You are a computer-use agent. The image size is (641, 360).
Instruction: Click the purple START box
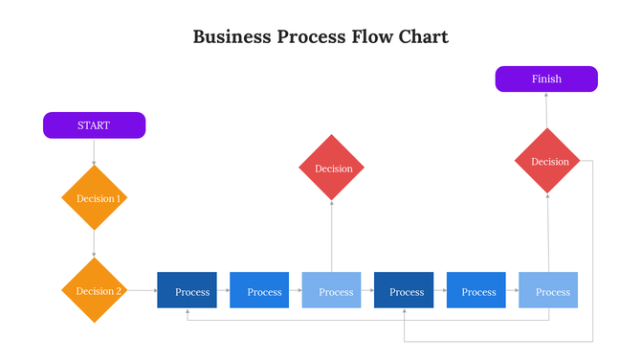click(x=94, y=125)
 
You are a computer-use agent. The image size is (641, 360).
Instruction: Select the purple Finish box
click(x=546, y=79)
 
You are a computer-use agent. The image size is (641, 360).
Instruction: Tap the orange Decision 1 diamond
click(x=94, y=198)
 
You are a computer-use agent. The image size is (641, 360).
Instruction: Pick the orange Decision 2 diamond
click(x=94, y=291)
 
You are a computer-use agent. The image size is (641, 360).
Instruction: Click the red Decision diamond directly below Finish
click(x=548, y=162)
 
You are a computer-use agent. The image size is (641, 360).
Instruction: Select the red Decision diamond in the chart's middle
click(x=332, y=169)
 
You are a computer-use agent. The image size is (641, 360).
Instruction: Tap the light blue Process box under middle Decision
click(x=332, y=291)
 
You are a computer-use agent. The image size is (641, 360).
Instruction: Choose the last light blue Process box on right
click(x=548, y=291)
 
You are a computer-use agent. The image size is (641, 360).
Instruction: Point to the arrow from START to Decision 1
click(x=94, y=151)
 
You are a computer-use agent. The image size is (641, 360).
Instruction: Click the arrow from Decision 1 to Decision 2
click(x=94, y=244)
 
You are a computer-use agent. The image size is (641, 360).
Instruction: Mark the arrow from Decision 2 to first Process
click(x=142, y=290)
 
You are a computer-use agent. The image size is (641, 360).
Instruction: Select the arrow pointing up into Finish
click(x=547, y=110)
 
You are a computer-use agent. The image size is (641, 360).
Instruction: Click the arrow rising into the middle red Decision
click(x=332, y=236)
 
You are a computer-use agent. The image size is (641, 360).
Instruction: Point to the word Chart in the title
click(x=422, y=37)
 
